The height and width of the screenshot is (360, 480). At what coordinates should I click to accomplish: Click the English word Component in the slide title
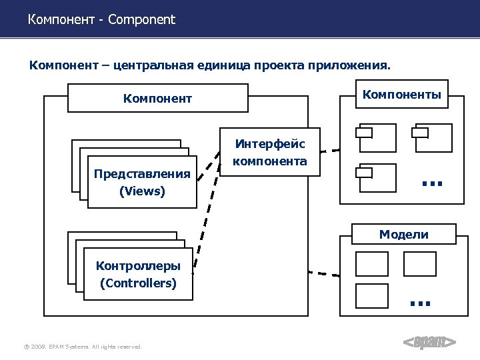pos(141,19)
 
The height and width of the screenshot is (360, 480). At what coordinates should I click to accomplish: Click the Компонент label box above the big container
pos(157,99)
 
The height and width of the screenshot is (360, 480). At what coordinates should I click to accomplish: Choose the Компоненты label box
pos(401,95)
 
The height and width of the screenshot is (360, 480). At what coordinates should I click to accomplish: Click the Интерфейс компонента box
pos(270,153)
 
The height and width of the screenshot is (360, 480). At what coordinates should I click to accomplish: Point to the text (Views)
pos(142,191)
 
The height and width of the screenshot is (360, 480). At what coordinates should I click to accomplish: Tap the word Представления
pos(142,174)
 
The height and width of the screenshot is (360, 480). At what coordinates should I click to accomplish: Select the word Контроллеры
pos(138,266)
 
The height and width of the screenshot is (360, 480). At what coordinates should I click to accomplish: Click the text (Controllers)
pos(138,283)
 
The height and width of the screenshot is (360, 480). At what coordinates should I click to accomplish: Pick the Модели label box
pos(403,234)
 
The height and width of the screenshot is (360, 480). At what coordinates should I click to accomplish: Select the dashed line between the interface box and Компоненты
pos(330,151)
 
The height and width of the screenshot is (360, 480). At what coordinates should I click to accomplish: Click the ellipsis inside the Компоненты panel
pos(432,182)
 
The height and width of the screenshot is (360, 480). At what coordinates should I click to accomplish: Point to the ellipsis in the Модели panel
pos(420,303)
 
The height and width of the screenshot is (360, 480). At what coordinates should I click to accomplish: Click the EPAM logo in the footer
pos(430,343)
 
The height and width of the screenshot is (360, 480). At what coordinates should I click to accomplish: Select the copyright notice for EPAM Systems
pos(83,347)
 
